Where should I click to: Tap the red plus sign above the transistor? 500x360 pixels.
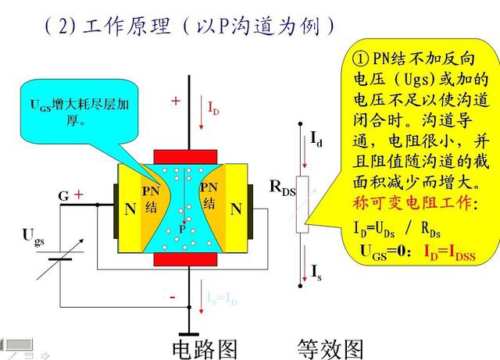(176, 101)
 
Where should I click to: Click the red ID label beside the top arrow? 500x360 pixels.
(212, 108)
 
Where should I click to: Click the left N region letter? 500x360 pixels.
(130, 209)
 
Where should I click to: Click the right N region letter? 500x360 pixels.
(235, 209)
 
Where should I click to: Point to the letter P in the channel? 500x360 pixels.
(182, 229)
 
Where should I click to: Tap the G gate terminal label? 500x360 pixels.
(63, 197)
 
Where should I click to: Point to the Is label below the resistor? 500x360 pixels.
(316, 273)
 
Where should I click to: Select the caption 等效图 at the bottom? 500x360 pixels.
(330, 348)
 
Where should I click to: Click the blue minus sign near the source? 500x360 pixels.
(173, 298)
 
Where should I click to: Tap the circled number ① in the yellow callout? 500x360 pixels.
(360, 59)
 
